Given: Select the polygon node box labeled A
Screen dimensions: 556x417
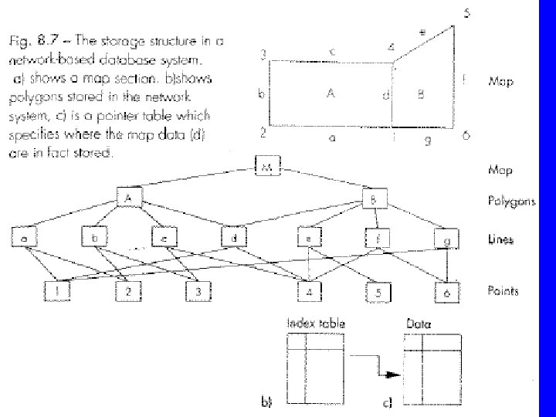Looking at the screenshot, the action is (x=127, y=199).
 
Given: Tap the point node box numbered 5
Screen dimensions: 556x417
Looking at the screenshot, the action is (x=378, y=291).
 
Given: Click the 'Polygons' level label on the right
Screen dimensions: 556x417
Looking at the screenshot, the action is (x=510, y=199).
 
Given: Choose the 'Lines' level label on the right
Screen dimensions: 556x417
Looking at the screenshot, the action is (x=500, y=239).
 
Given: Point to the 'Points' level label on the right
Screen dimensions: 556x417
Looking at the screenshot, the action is (x=503, y=290).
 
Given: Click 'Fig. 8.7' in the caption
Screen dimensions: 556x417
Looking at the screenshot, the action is (x=31, y=38).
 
